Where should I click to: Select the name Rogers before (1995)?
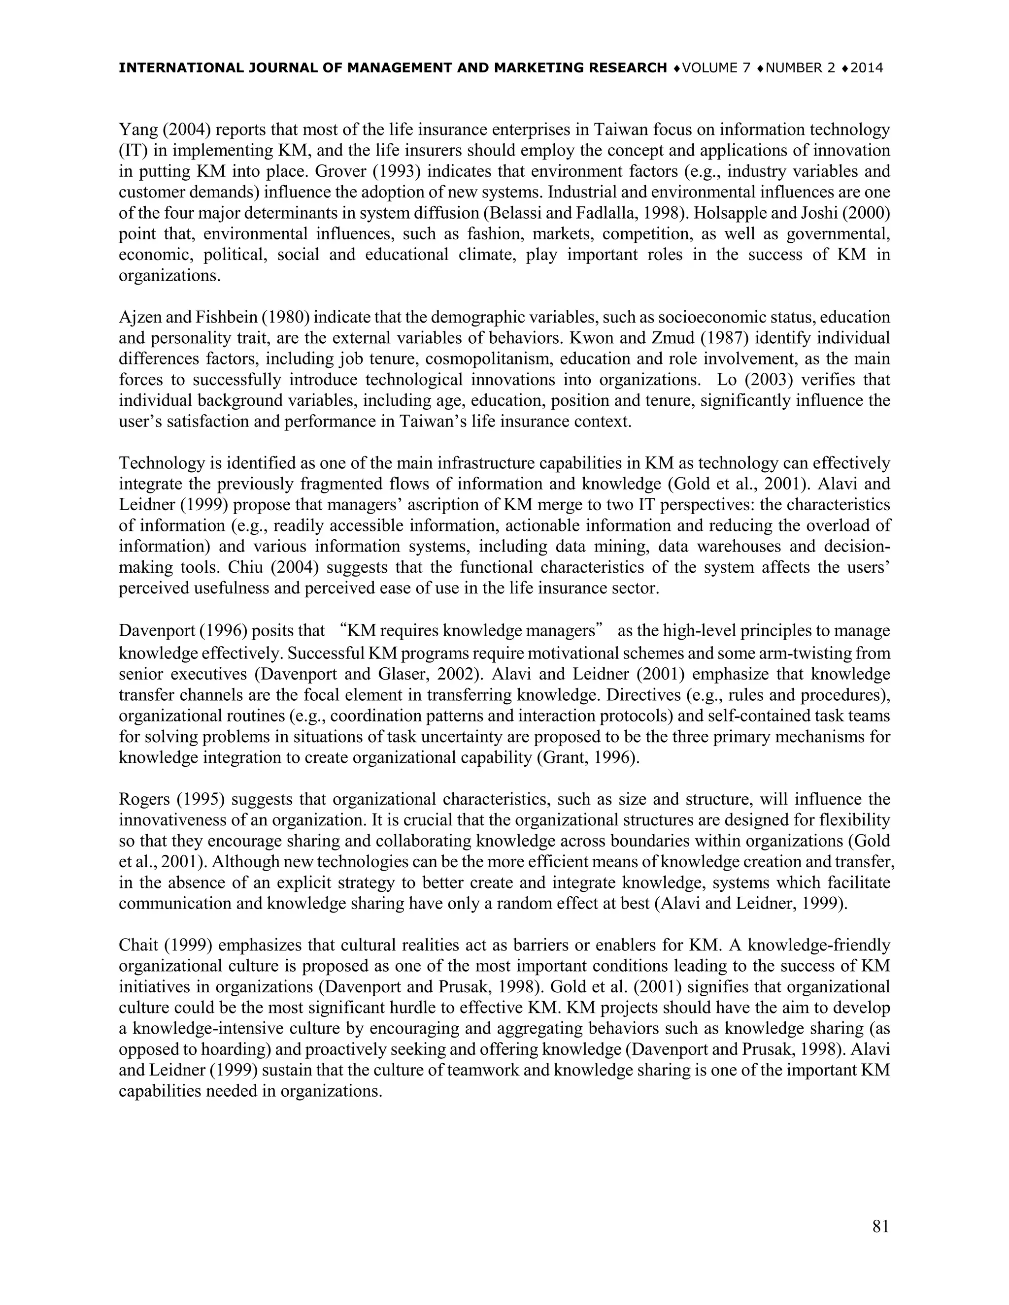tap(140, 799)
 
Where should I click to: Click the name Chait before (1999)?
tap(137, 946)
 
